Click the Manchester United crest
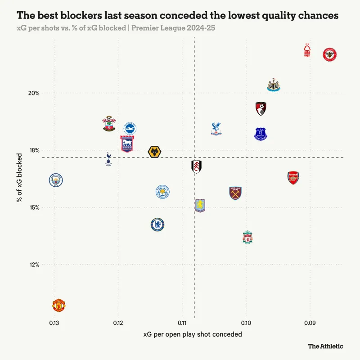pos(59,305)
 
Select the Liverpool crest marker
pos(247,237)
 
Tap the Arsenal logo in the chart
pos(293,178)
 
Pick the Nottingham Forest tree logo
pos(308,50)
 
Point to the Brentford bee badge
pos(330,55)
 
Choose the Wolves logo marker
pos(155,152)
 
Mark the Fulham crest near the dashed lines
pos(196,166)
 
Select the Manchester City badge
pos(55,180)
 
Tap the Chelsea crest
pos(157,224)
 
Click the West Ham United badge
pos(235,193)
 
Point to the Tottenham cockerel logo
pos(108,158)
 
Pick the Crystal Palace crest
pos(216,129)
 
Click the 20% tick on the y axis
pos(34,93)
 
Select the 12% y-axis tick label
pos(34,265)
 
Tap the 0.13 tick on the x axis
pos(54,323)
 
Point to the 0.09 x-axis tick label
pos(310,323)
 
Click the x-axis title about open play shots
pos(193,334)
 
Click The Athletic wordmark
pos(325,346)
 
